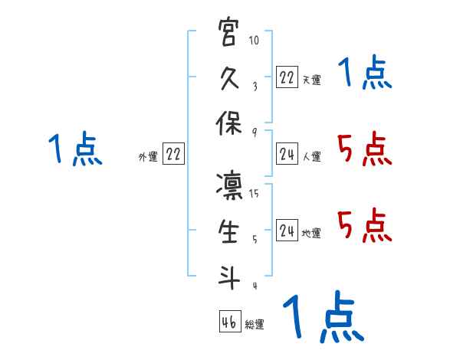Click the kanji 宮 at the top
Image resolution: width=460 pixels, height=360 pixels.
228,34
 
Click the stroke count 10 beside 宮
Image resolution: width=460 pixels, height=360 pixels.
255,41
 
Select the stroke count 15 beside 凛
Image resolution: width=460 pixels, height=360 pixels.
255,194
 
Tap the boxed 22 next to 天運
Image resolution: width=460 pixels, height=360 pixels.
287,77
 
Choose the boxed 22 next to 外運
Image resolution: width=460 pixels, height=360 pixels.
174,154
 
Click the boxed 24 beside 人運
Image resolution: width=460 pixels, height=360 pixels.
287,154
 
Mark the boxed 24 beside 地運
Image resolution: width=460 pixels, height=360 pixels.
287,231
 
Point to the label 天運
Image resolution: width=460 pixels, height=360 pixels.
312,80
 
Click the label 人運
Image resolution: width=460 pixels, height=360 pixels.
312,157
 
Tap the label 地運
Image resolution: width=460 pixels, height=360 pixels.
312,234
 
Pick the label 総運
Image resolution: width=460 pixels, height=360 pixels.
255,325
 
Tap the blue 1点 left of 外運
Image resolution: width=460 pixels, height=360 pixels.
75,149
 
